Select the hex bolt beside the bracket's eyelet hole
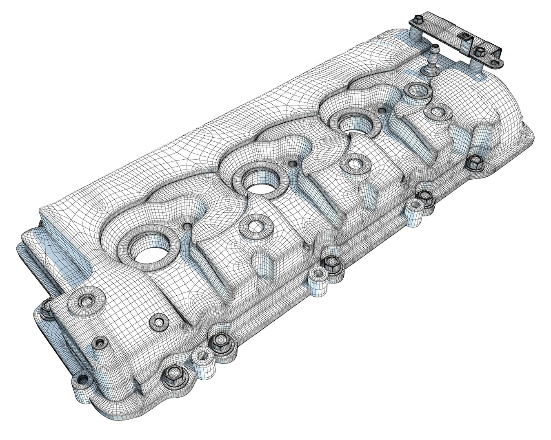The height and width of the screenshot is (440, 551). (480, 51)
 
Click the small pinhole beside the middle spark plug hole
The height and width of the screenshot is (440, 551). (292, 164)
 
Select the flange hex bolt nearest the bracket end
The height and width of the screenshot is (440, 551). (473, 162)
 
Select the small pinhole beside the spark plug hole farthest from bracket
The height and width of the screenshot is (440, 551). (187, 226)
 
